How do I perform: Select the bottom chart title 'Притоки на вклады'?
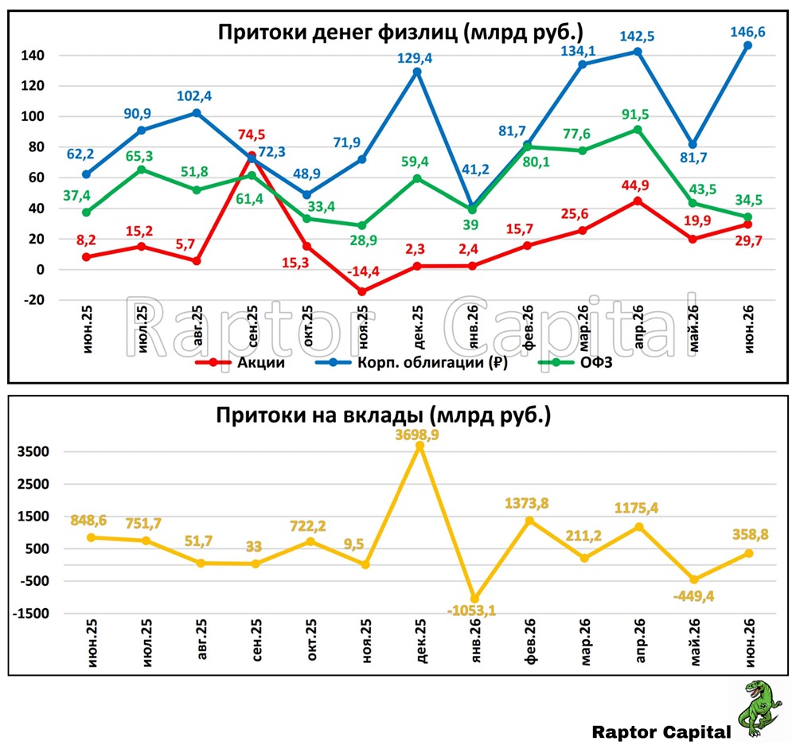pos(319,415)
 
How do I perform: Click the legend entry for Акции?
pos(240,362)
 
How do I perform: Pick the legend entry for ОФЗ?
pos(576,362)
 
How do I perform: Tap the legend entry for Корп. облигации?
pos(412,362)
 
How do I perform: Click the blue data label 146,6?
pos(747,32)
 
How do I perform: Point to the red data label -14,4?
pos(363,271)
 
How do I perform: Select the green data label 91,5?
pos(635,114)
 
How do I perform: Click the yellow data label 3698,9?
pos(417,435)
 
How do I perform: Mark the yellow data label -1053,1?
pos(471,610)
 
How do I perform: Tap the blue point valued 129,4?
pos(417,72)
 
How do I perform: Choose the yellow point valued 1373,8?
pos(529,521)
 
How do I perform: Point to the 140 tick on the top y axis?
pos(33,55)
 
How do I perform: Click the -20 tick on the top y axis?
pos(33,300)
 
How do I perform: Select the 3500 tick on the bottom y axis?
pos(33,451)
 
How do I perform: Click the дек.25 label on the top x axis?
pos(417,327)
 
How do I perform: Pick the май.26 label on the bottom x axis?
pos(694,642)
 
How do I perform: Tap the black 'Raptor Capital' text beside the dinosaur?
pos(661,732)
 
